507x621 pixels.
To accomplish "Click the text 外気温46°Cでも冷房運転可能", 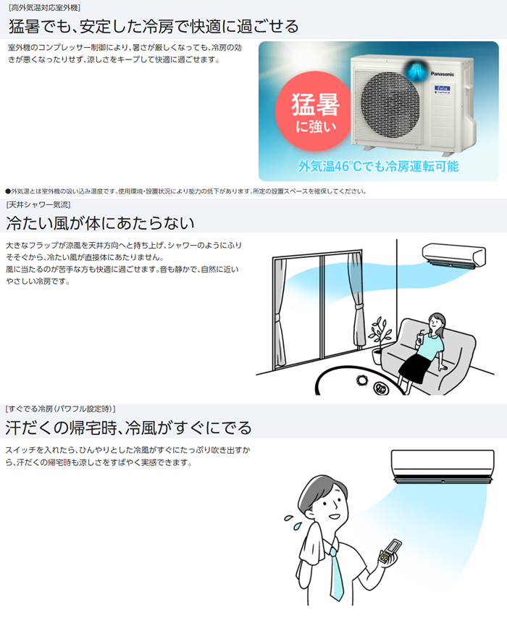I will (378, 167).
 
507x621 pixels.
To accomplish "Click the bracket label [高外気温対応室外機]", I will (44, 7).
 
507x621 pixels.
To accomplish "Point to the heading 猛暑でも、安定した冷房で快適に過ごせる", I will (153, 27).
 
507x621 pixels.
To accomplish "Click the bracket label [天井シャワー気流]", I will (39, 204).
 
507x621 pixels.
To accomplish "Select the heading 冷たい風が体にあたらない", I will (101, 222).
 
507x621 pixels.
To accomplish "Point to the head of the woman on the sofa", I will (437, 321).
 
